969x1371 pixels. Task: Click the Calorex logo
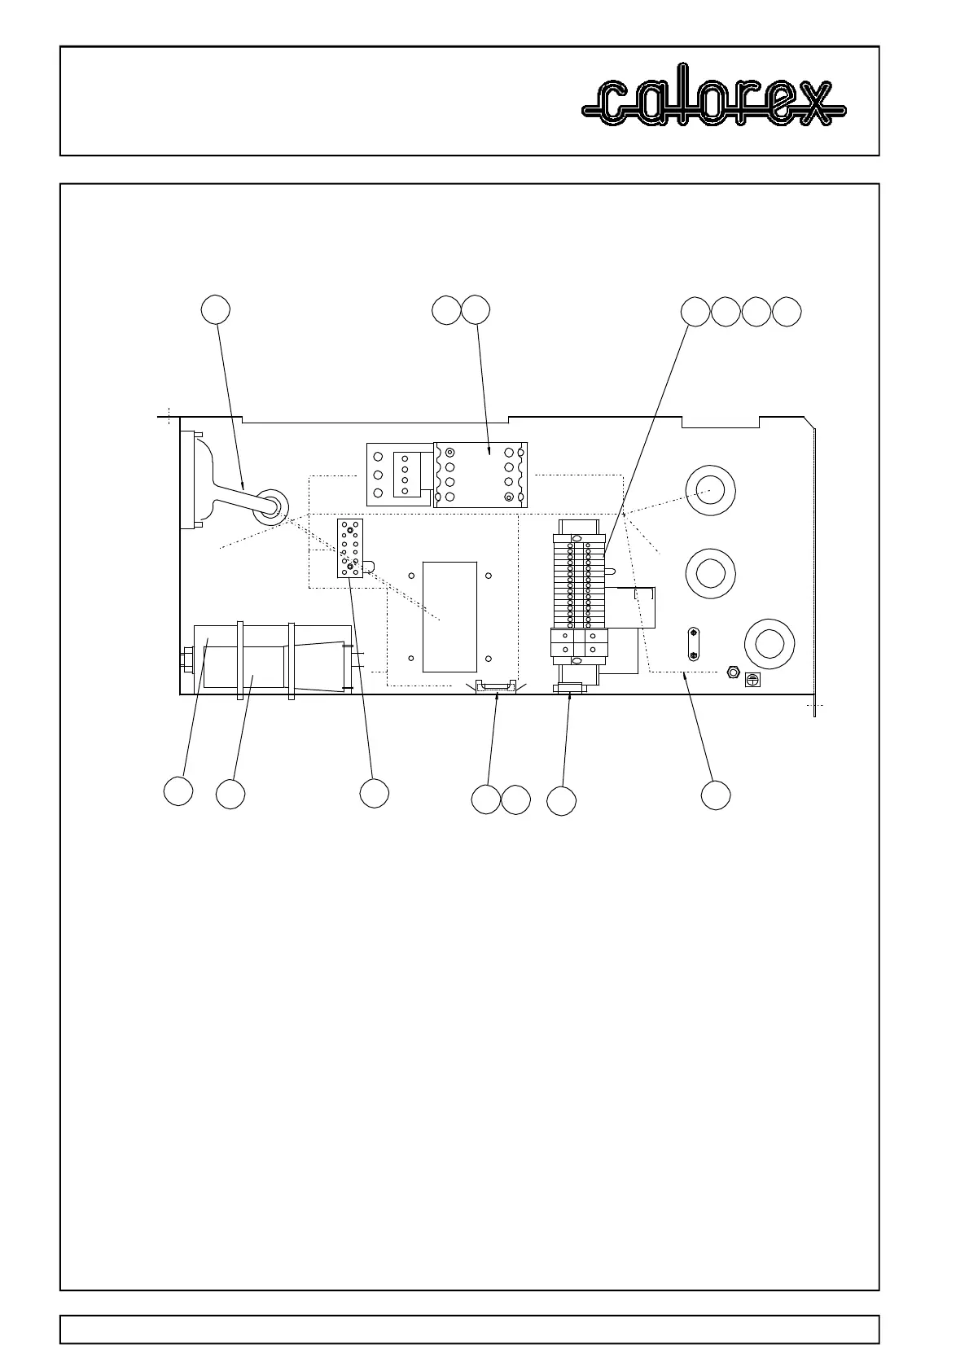click(714, 102)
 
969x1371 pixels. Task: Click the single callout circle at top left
click(216, 310)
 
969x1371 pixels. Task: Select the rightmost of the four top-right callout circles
click(787, 312)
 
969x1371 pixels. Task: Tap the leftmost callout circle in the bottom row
click(178, 791)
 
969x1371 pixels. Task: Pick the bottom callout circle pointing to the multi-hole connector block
click(374, 793)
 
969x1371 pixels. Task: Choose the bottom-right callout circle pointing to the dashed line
click(716, 795)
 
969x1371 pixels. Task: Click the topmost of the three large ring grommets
click(710, 491)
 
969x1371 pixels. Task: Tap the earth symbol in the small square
click(753, 679)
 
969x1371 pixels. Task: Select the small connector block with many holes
click(350, 549)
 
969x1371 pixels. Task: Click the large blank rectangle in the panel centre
click(449, 616)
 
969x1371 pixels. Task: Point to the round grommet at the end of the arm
click(270, 506)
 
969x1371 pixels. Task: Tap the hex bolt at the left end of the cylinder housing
click(186, 659)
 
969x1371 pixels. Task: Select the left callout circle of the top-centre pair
click(446, 310)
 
